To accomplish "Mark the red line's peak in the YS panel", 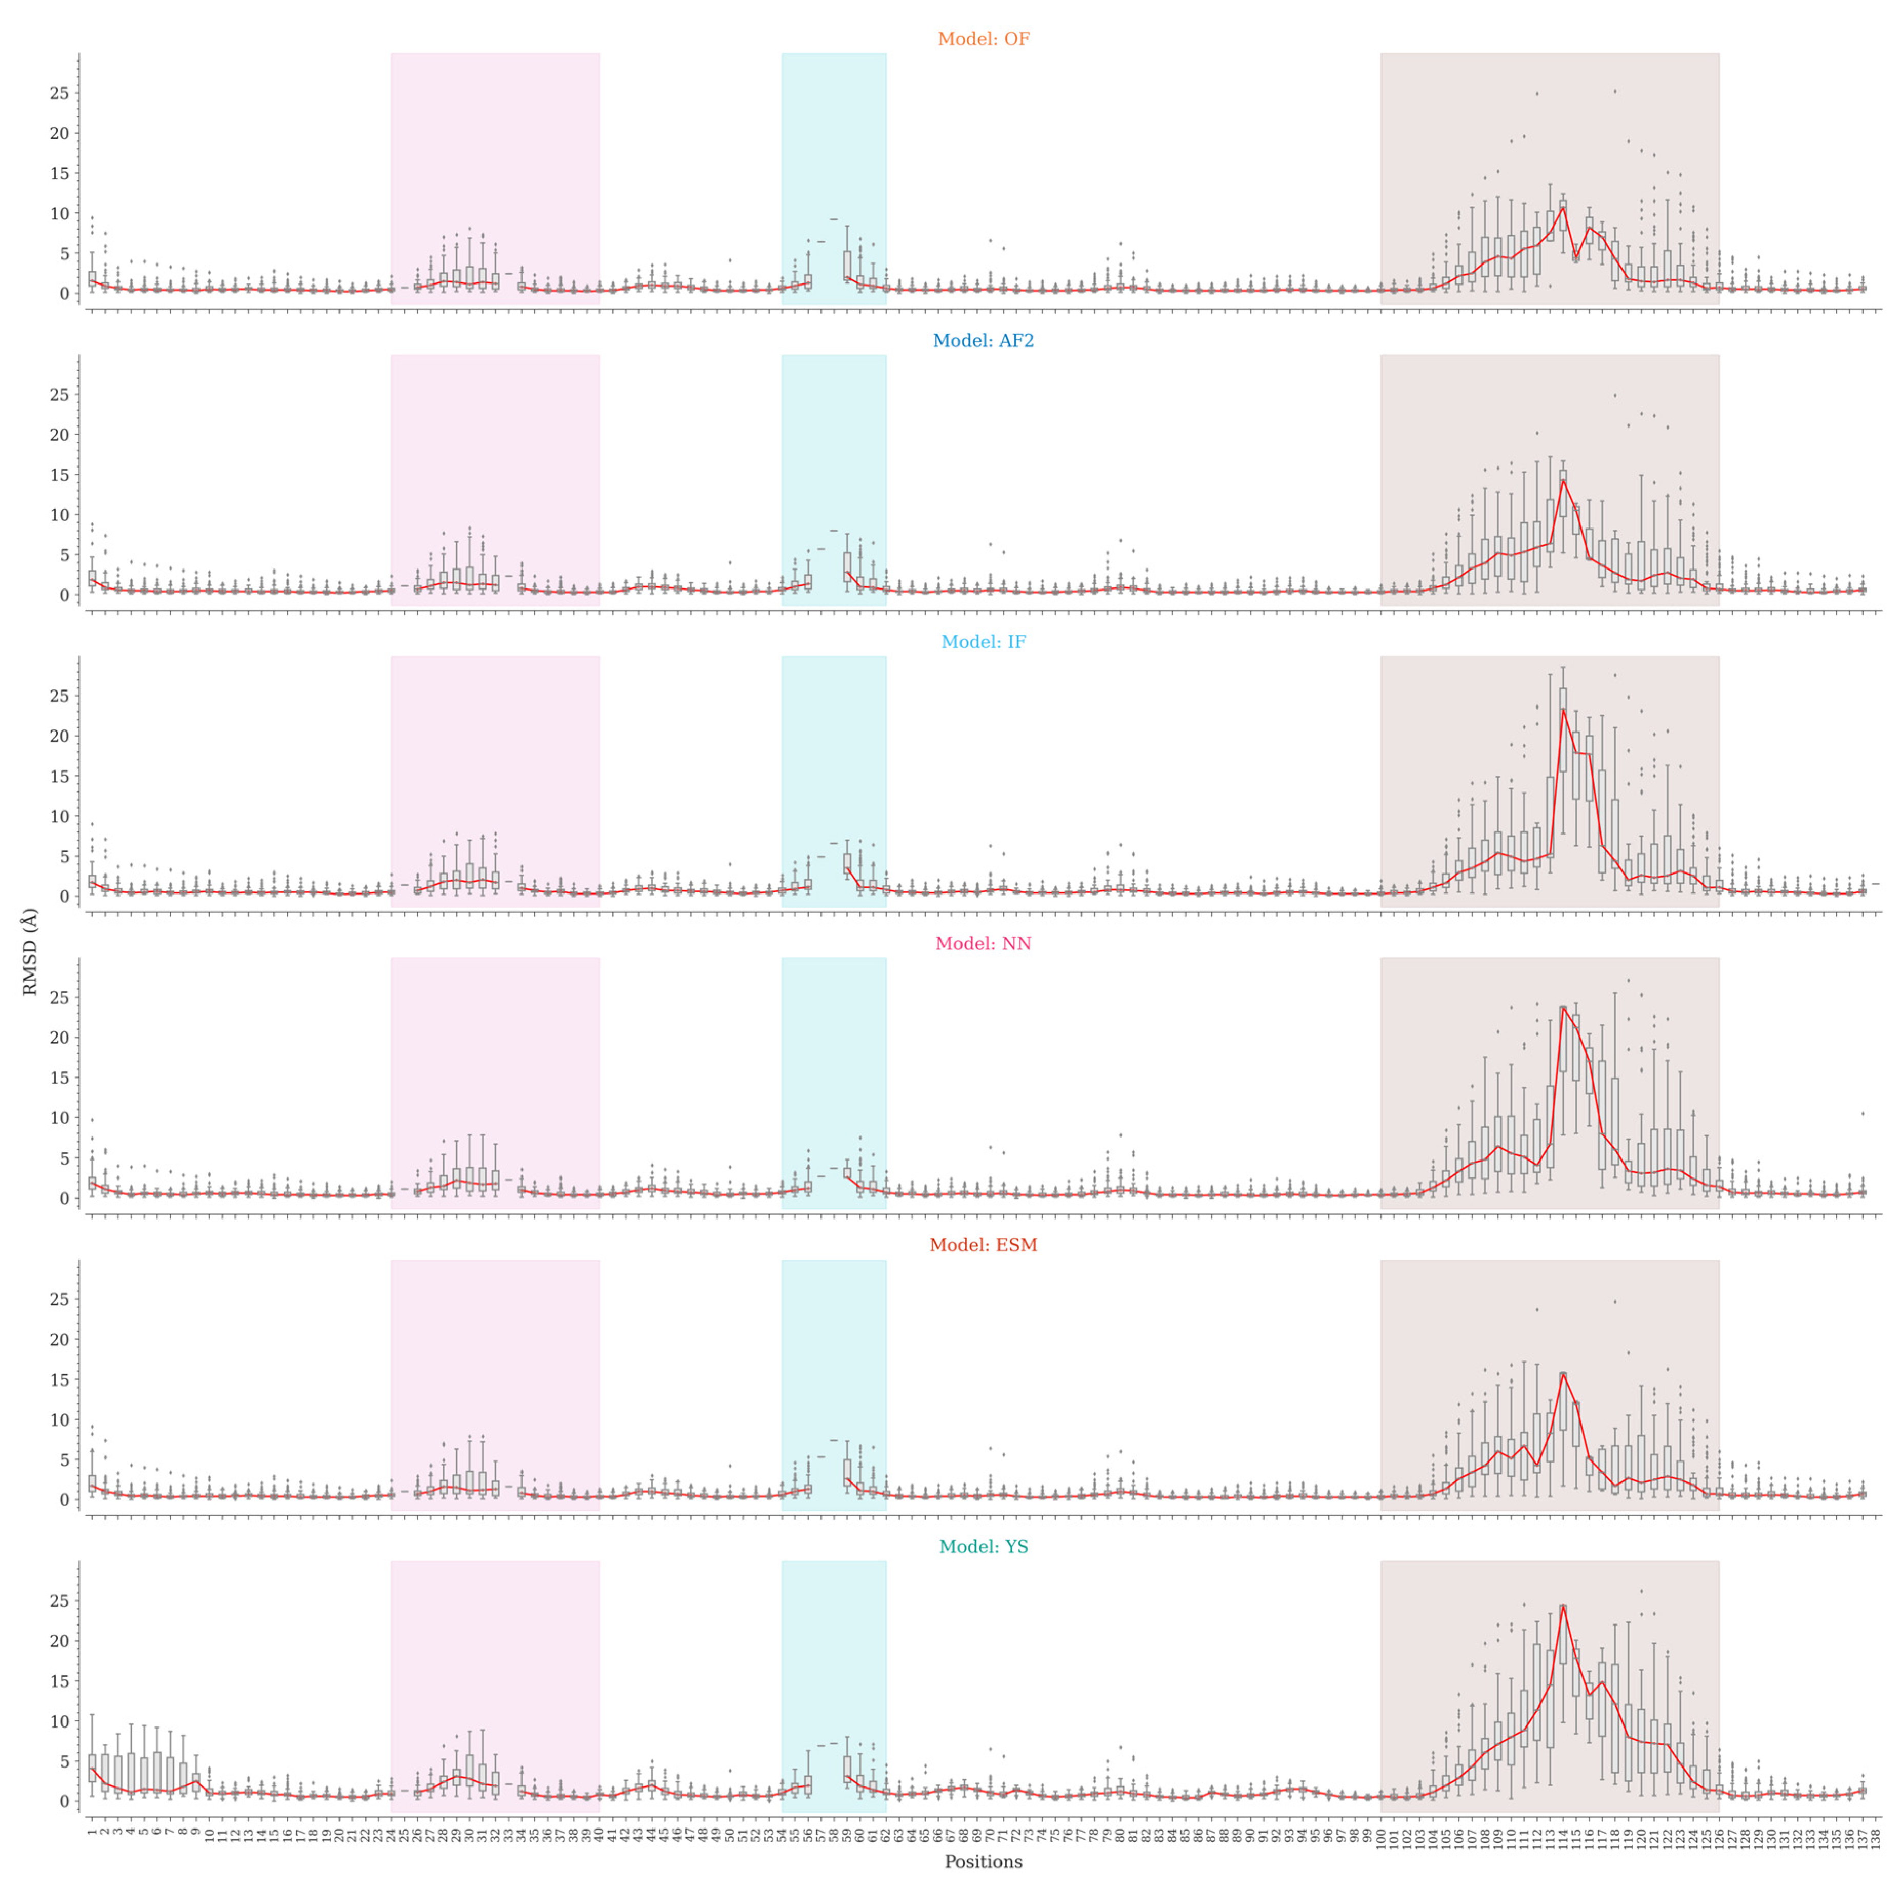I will coord(1564,1607).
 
